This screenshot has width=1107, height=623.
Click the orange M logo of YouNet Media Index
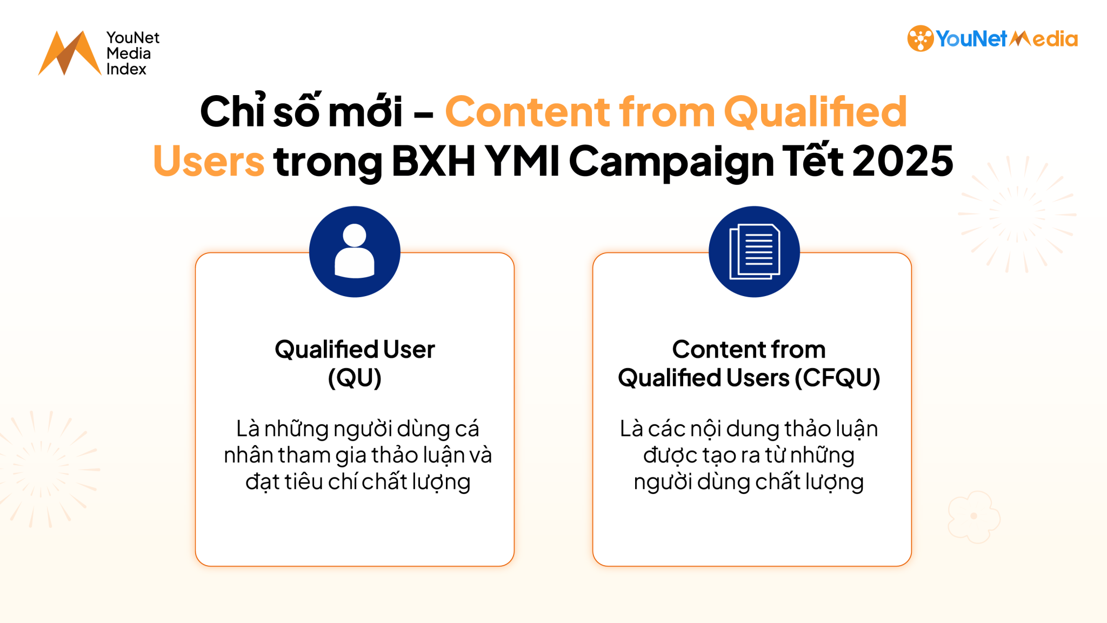pos(69,53)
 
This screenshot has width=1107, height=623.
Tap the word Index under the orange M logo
pos(126,69)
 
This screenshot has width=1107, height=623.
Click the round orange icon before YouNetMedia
pos(920,39)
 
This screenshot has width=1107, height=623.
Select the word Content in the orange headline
pos(527,112)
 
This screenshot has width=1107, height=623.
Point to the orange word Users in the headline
pos(209,161)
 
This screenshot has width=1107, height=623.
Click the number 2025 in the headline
pos(903,161)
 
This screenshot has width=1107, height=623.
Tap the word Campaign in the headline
pos(671,162)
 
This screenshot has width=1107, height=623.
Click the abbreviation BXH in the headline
pos(433,161)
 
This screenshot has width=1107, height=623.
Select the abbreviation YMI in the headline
pos(522,161)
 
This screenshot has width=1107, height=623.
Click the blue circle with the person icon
pos(355,251)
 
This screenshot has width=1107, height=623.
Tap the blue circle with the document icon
pos(754,251)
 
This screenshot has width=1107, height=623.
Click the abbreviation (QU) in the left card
pos(355,378)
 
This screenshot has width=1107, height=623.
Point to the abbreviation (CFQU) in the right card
pos(837,378)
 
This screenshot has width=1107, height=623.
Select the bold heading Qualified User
pos(355,350)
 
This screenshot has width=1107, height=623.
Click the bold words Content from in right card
pos(749,350)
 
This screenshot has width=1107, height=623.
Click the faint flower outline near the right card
pos(974,517)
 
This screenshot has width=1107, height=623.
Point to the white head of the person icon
pos(355,235)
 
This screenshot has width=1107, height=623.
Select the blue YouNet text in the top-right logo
pos(971,39)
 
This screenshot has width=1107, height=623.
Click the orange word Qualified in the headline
pos(815,112)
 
